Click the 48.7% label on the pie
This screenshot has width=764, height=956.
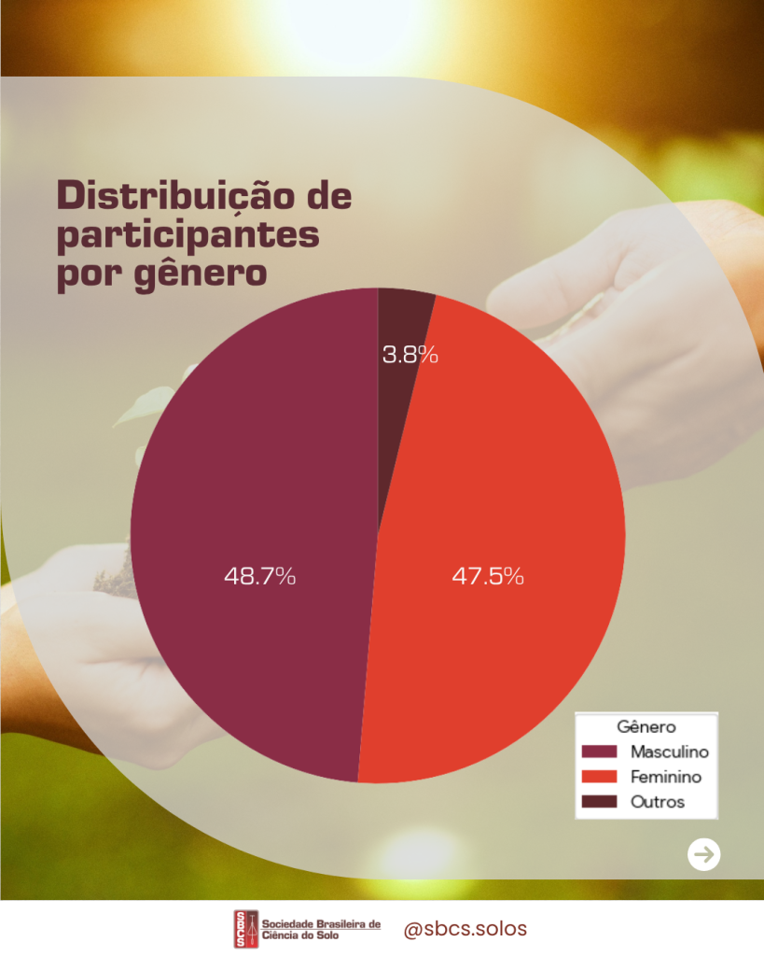[x=259, y=576]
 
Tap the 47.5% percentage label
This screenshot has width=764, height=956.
[x=488, y=576]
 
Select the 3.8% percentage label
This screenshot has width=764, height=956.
[x=410, y=355]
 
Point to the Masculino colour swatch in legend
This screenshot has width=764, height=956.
[x=600, y=752]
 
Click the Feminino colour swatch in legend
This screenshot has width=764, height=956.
[x=600, y=777]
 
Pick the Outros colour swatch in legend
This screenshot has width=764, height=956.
[x=600, y=802]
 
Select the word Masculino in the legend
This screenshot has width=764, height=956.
[x=669, y=752]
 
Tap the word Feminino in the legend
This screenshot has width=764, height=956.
[x=665, y=777]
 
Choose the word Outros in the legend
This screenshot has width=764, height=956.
[x=657, y=802]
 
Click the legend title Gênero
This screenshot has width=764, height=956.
[x=646, y=726]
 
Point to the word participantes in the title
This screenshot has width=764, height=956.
[x=188, y=235]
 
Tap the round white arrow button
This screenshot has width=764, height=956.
[x=704, y=853]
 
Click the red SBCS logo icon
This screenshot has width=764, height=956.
[x=246, y=929]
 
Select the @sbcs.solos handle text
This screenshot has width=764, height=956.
[x=465, y=929]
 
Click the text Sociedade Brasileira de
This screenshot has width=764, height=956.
[x=323, y=923]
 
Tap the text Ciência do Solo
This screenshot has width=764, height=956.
[x=309, y=935]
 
